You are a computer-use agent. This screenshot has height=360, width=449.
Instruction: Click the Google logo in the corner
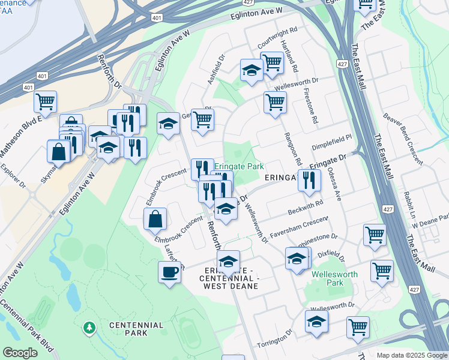tap(20, 353)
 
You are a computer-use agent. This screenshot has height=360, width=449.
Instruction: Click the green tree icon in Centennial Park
tap(90, 328)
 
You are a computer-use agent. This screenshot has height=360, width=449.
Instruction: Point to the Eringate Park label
tap(240, 167)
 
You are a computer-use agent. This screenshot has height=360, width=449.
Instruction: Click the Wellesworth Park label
tap(335, 278)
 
